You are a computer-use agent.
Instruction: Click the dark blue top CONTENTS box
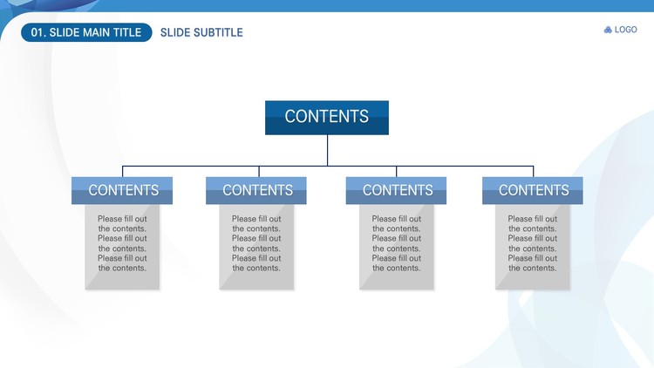[327, 118]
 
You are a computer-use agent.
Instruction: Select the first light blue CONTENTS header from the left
[122, 191]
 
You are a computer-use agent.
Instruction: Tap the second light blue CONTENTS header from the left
[256, 191]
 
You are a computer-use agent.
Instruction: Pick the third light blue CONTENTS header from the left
[396, 191]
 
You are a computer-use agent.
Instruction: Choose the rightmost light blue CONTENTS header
[533, 191]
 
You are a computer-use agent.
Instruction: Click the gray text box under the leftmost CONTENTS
[122, 247]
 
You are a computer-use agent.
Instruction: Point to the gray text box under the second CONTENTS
[256, 247]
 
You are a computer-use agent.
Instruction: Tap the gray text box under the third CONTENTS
[397, 247]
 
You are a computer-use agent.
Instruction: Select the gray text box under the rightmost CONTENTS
[533, 247]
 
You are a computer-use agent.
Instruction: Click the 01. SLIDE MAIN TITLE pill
[86, 32]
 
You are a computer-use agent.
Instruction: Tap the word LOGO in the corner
[625, 30]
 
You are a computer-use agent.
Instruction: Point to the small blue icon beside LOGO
[608, 30]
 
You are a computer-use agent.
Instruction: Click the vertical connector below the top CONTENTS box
[327, 150]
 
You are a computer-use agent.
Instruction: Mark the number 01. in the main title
[38, 32]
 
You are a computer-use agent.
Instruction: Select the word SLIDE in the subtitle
[174, 32]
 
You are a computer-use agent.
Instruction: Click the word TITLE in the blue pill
[126, 32]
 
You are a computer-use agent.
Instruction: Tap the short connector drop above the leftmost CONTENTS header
[123, 172]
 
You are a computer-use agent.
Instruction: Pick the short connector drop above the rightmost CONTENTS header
[534, 172]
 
